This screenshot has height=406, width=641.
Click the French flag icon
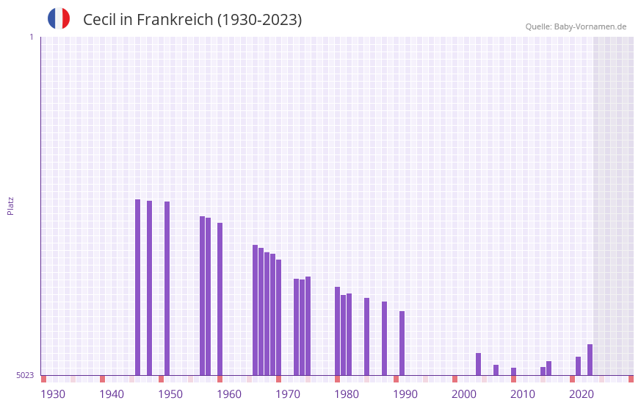tap(59, 18)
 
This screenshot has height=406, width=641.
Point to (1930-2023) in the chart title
tap(259, 20)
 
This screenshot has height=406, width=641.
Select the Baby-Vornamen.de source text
tap(590, 26)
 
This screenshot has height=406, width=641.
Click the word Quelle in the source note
tap(537, 26)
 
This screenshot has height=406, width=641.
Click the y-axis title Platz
tap(10, 205)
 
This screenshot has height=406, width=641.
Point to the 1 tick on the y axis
tap(31, 37)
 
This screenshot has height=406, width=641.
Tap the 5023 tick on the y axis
tap(25, 375)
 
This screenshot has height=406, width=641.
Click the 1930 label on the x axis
tap(53, 394)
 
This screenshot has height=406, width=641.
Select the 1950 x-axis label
tap(170, 394)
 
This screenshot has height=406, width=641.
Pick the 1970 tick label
tap(288, 394)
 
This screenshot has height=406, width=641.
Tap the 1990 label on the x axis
tap(405, 394)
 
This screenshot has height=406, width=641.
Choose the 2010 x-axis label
tap(523, 394)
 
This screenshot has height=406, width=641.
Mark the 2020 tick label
tap(582, 394)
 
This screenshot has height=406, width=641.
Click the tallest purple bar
tap(137, 287)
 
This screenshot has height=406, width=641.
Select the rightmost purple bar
tap(590, 360)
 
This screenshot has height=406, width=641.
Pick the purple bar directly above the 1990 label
tap(402, 343)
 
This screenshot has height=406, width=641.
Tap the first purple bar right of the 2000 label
tap(478, 364)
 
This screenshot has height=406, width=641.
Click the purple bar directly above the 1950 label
tap(167, 288)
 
